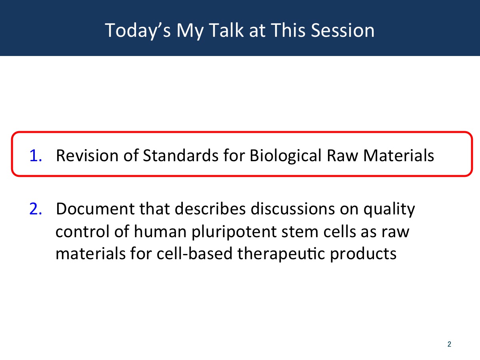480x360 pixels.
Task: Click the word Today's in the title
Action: pos(138,31)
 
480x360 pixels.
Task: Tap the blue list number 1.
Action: pos(36,156)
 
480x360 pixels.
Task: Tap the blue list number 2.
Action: pos(36,209)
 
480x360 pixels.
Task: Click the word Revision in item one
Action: pos(87,156)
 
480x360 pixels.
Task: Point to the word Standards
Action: pos(181,156)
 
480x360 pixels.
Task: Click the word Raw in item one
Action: pos(342,156)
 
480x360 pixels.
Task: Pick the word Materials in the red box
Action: pos(398,156)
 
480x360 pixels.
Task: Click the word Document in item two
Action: pos(95,209)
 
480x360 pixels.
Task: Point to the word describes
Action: pos(210,209)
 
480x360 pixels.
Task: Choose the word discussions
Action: pos(292,209)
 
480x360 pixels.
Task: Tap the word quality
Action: pos(389,210)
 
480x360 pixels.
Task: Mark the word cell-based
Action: pos(194,254)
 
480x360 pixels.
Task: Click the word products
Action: pos(363,255)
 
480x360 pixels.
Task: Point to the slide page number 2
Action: pos(449,344)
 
